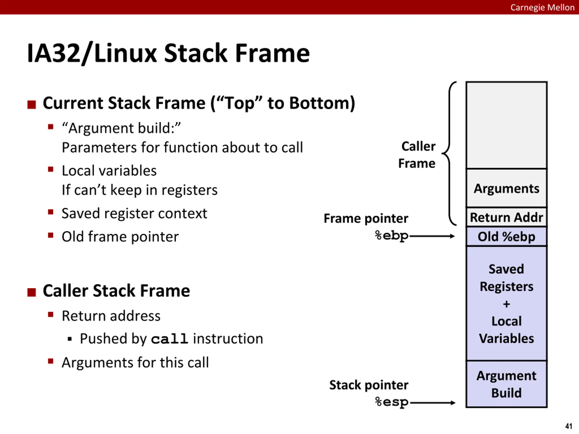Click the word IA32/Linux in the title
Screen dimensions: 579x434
[92, 53]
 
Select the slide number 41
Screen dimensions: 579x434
[569, 426]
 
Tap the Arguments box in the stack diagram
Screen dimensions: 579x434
[506, 188]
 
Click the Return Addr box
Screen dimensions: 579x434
[506, 217]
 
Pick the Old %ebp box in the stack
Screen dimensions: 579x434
[506, 236]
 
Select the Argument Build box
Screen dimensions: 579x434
[506, 384]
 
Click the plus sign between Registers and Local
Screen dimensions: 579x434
[506, 304]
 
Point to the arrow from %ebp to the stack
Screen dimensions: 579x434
[432, 236]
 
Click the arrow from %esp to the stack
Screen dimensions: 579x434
[432, 403]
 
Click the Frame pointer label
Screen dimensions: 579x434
[366, 218]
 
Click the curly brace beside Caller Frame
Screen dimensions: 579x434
[449, 153]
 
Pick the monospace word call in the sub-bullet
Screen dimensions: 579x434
[170, 339]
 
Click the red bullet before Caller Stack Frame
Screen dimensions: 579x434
[31, 292]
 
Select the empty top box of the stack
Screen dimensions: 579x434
[506, 125]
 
